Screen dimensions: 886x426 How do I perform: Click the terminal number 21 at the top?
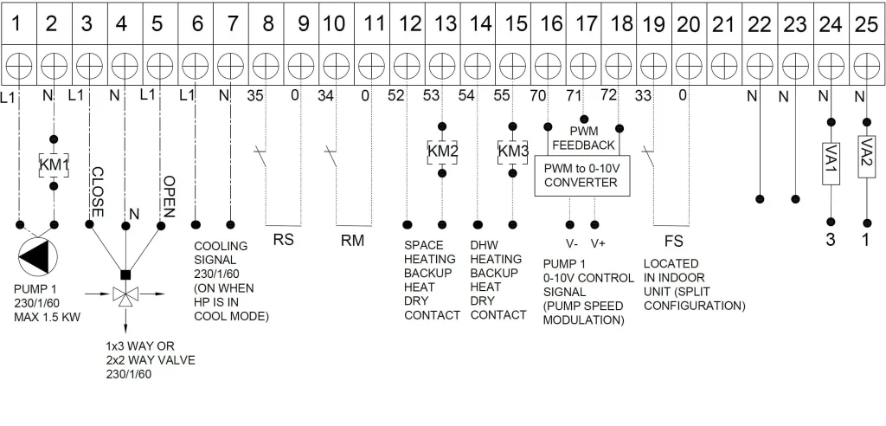coord(724,24)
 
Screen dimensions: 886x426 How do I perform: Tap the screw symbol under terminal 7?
coord(230,67)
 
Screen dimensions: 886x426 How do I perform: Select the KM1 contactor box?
coord(54,165)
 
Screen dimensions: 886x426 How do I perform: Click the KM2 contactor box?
coord(442,152)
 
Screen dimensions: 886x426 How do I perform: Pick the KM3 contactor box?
coord(512,152)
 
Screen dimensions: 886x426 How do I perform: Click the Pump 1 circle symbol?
coord(38,256)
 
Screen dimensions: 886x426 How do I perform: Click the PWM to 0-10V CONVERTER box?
coord(582,176)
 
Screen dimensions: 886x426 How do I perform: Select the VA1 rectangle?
coord(830,163)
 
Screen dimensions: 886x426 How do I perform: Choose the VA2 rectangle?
coord(866,157)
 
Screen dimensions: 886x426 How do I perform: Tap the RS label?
coord(283,240)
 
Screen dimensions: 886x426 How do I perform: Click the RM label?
coord(353,241)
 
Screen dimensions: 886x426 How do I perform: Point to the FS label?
coord(673,242)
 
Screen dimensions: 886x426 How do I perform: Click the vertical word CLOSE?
coord(97,191)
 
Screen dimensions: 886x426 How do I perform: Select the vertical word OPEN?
coord(169,197)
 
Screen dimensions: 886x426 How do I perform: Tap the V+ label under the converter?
coord(599,244)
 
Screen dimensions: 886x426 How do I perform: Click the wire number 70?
coord(538,95)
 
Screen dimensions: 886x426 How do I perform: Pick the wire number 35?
coord(255,95)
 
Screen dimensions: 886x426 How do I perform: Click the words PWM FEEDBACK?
coord(584,139)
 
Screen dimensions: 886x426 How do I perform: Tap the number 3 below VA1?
coord(830,240)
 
